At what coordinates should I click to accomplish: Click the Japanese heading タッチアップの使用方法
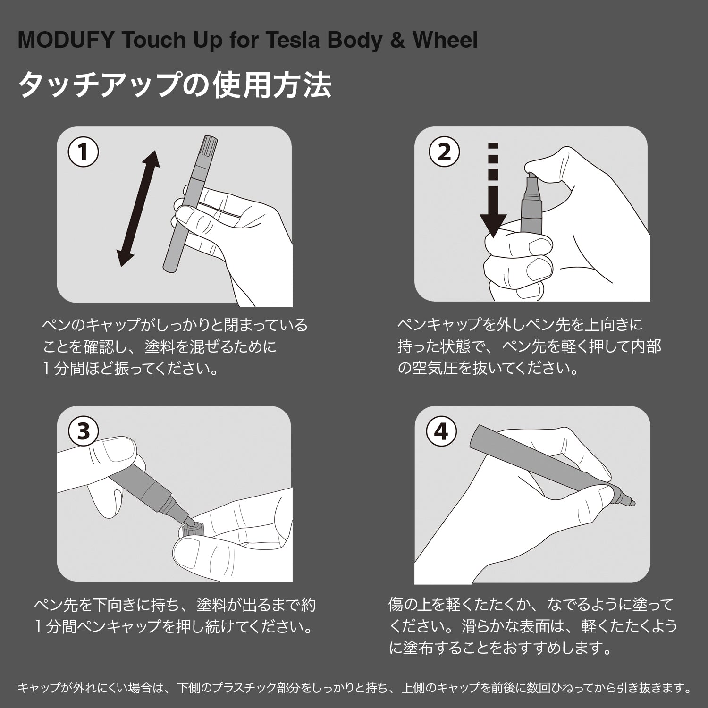[x=175, y=85]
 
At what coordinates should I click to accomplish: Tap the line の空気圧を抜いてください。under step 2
[x=488, y=368]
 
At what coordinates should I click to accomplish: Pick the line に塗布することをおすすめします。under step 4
[x=500, y=648]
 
